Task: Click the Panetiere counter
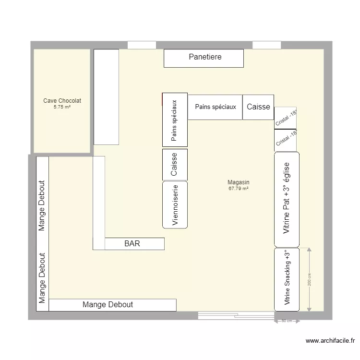[x=204, y=58]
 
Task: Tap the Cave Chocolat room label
[x=62, y=101]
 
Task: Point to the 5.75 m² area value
[x=62, y=107]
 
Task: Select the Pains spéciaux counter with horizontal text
[x=215, y=107]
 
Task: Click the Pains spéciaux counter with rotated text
[x=175, y=120]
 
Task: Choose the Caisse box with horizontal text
[x=258, y=107]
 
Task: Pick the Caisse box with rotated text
[x=175, y=164]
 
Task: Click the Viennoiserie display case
[x=175, y=204]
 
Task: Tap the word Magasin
[x=239, y=182]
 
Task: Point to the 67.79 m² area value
[x=239, y=189]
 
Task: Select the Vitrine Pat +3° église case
[x=287, y=199]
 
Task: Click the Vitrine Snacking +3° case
[x=287, y=279]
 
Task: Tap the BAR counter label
[x=132, y=244]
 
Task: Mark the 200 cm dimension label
[x=310, y=280]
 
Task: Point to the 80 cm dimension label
[x=287, y=321]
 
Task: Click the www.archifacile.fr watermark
[x=331, y=341]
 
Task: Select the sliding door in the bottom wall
[x=236, y=316]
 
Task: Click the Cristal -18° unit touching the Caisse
[x=285, y=118]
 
